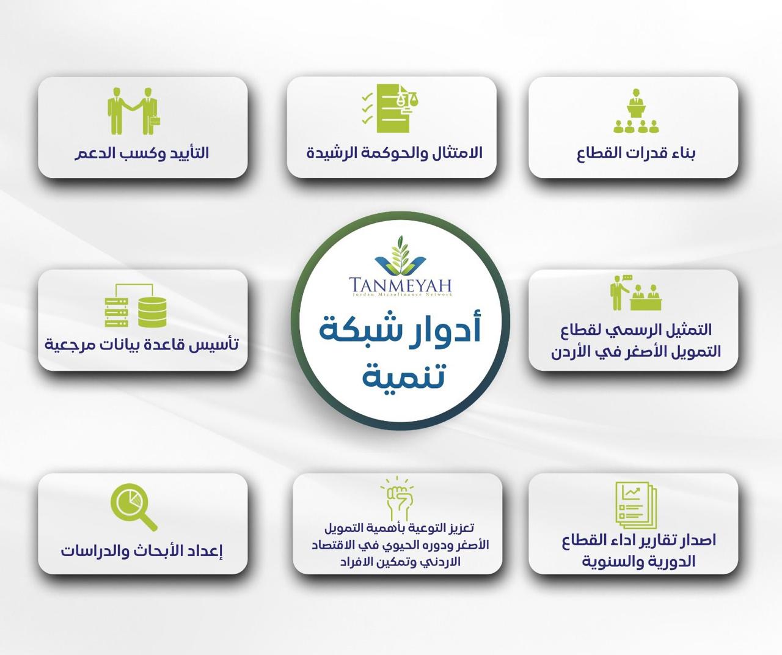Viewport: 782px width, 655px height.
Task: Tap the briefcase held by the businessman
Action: tap(155, 122)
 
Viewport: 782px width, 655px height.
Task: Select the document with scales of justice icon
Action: tap(390, 108)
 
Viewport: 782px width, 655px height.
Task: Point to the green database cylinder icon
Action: tap(152, 312)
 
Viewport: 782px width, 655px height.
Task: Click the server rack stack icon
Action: tap(117, 312)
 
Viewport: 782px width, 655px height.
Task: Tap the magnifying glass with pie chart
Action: tap(134, 507)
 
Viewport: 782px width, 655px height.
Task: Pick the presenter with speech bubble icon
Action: tap(636, 293)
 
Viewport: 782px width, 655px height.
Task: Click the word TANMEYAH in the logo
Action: tap(400, 285)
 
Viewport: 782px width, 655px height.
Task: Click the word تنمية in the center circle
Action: tap(403, 375)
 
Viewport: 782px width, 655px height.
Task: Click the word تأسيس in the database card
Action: tap(219, 344)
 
